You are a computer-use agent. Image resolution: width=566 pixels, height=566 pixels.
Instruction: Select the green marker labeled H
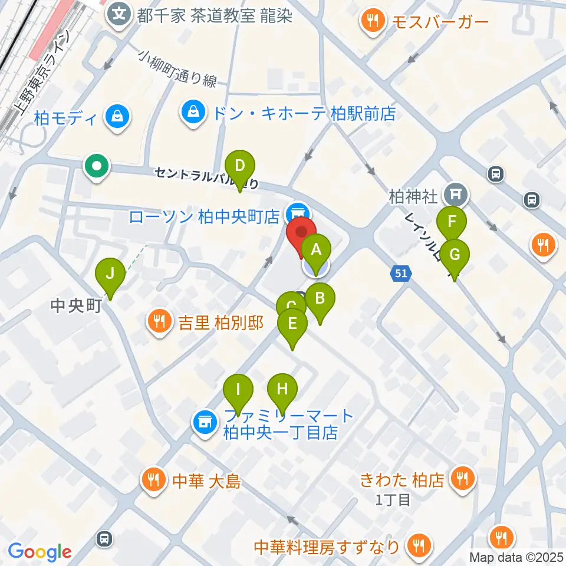tap(282, 390)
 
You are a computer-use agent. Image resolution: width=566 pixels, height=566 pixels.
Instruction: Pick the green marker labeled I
tap(238, 390)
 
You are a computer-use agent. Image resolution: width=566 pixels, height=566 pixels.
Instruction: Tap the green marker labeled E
tap(292, 324)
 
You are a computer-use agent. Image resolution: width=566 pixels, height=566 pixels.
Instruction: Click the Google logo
tap(40, 552)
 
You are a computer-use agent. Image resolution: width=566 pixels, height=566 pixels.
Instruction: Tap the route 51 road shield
tap(401, 274)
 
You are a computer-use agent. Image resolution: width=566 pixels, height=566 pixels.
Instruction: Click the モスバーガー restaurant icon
tap(373, 22)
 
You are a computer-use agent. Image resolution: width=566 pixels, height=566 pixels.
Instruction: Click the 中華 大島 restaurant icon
tap(154, 480)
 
